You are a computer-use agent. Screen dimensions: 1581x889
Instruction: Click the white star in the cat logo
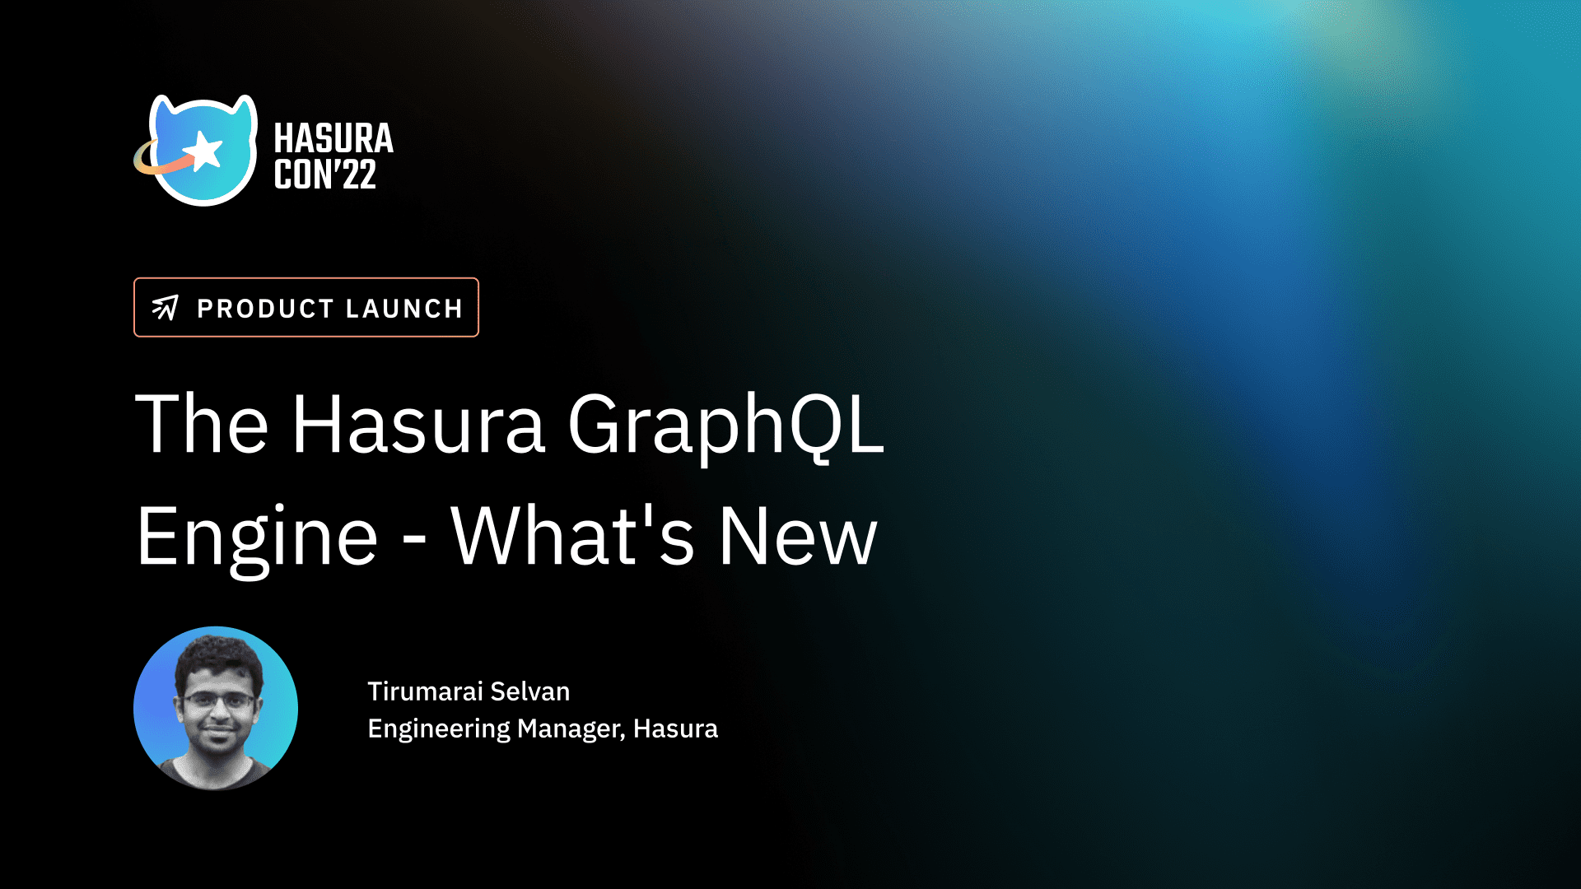(203, 151)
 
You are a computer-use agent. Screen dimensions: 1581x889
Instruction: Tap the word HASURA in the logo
(333, 138)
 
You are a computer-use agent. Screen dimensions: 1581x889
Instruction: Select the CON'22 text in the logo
(325, 175)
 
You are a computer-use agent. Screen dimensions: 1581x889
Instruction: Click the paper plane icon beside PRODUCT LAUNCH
(165, 307)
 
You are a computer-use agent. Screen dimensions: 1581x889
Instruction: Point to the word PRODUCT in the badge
(265, 309)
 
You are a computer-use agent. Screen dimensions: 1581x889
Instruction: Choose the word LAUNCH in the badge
(404, 309)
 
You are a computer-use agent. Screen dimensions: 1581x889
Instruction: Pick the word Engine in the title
(257, 539)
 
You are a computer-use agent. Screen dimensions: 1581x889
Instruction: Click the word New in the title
(798, 536)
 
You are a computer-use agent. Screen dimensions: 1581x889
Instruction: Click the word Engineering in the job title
(439, 729)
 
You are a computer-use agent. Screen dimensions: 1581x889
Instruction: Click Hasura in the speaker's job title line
(675, 728)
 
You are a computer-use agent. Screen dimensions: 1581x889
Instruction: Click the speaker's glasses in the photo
(217, 700)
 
